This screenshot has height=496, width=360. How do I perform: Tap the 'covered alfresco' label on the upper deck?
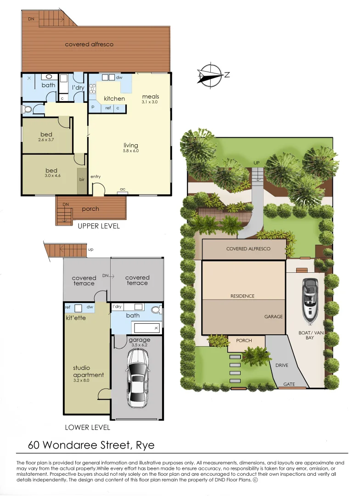89,45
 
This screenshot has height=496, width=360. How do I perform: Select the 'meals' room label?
150,96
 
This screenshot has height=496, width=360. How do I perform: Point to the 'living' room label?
131,146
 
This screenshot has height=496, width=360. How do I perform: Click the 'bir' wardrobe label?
82,179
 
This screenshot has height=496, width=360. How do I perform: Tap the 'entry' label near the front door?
96,177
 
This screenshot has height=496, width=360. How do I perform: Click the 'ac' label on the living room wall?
123,189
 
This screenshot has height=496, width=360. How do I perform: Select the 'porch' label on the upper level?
90,209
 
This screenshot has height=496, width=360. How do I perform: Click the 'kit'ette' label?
76,318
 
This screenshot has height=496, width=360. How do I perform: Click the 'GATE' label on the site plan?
289,384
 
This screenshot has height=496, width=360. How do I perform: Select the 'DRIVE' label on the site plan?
282,366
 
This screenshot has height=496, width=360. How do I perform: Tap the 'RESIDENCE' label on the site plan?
242,296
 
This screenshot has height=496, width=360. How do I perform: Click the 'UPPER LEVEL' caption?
99,226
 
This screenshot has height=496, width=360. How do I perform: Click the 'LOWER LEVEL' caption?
87,427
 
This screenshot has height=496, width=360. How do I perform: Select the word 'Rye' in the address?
145,445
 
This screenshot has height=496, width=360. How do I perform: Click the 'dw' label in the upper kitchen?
119,78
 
